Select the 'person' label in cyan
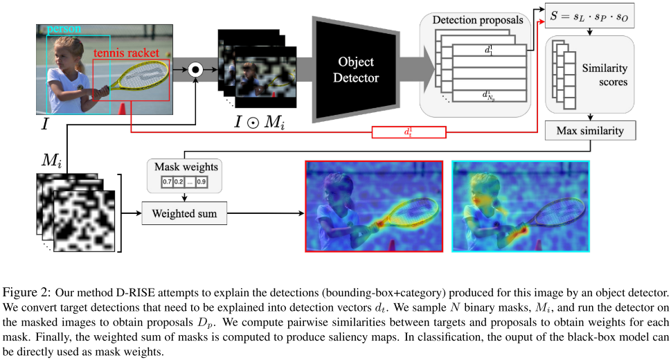coord(64,30)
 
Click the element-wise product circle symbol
coord(196,69)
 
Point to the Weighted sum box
coord(184,214)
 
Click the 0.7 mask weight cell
coord(167,182)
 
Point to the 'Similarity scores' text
coord(604,75)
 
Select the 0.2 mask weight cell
coord(178,182)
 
